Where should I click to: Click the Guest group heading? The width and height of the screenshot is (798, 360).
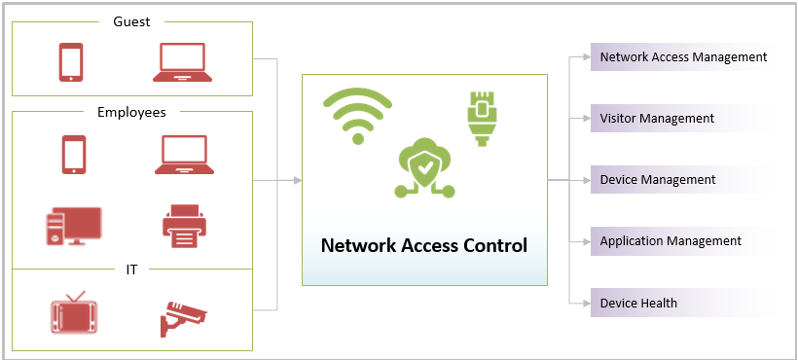pyautogui.click(x=131, y=20)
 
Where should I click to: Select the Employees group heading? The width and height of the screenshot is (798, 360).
pyautogui.click(x=131, y=112)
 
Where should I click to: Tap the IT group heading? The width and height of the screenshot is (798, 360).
pyautogui.click(x=131, y=270)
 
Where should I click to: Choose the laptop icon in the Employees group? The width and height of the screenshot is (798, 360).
pyautogui.click(x=183, y=155)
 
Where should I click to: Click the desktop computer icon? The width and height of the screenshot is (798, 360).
pyautogui.click(x=72, y=226)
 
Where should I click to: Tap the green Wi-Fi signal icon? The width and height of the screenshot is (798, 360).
pyautogui.click(x=357, y=115)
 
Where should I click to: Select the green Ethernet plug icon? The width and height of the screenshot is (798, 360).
pyautogui.click(x=481, y=118)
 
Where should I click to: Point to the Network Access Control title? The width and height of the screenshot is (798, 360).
pyautogui.click(x=424, y=244)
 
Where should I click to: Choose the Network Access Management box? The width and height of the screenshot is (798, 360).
pyautogui.click(x=683, y=57)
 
